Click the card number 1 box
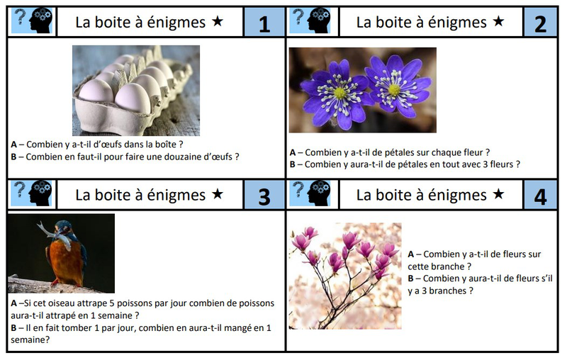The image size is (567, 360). (x=264, y=23)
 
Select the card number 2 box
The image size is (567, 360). (x=540, y=23)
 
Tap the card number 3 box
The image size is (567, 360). (x=264, y=195)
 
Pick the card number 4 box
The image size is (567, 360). (x=540, y=195)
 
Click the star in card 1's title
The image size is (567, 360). (x=218, y=21)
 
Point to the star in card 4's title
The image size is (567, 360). (x=498, y=194)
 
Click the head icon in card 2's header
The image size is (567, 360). (x=319, y=21)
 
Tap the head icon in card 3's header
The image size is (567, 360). (x=41, y=193)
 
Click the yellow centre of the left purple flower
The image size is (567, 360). (x=339, y=94)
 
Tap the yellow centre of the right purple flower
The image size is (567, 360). (x=394, y=89)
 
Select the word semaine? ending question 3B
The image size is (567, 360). (x=30, y=339)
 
